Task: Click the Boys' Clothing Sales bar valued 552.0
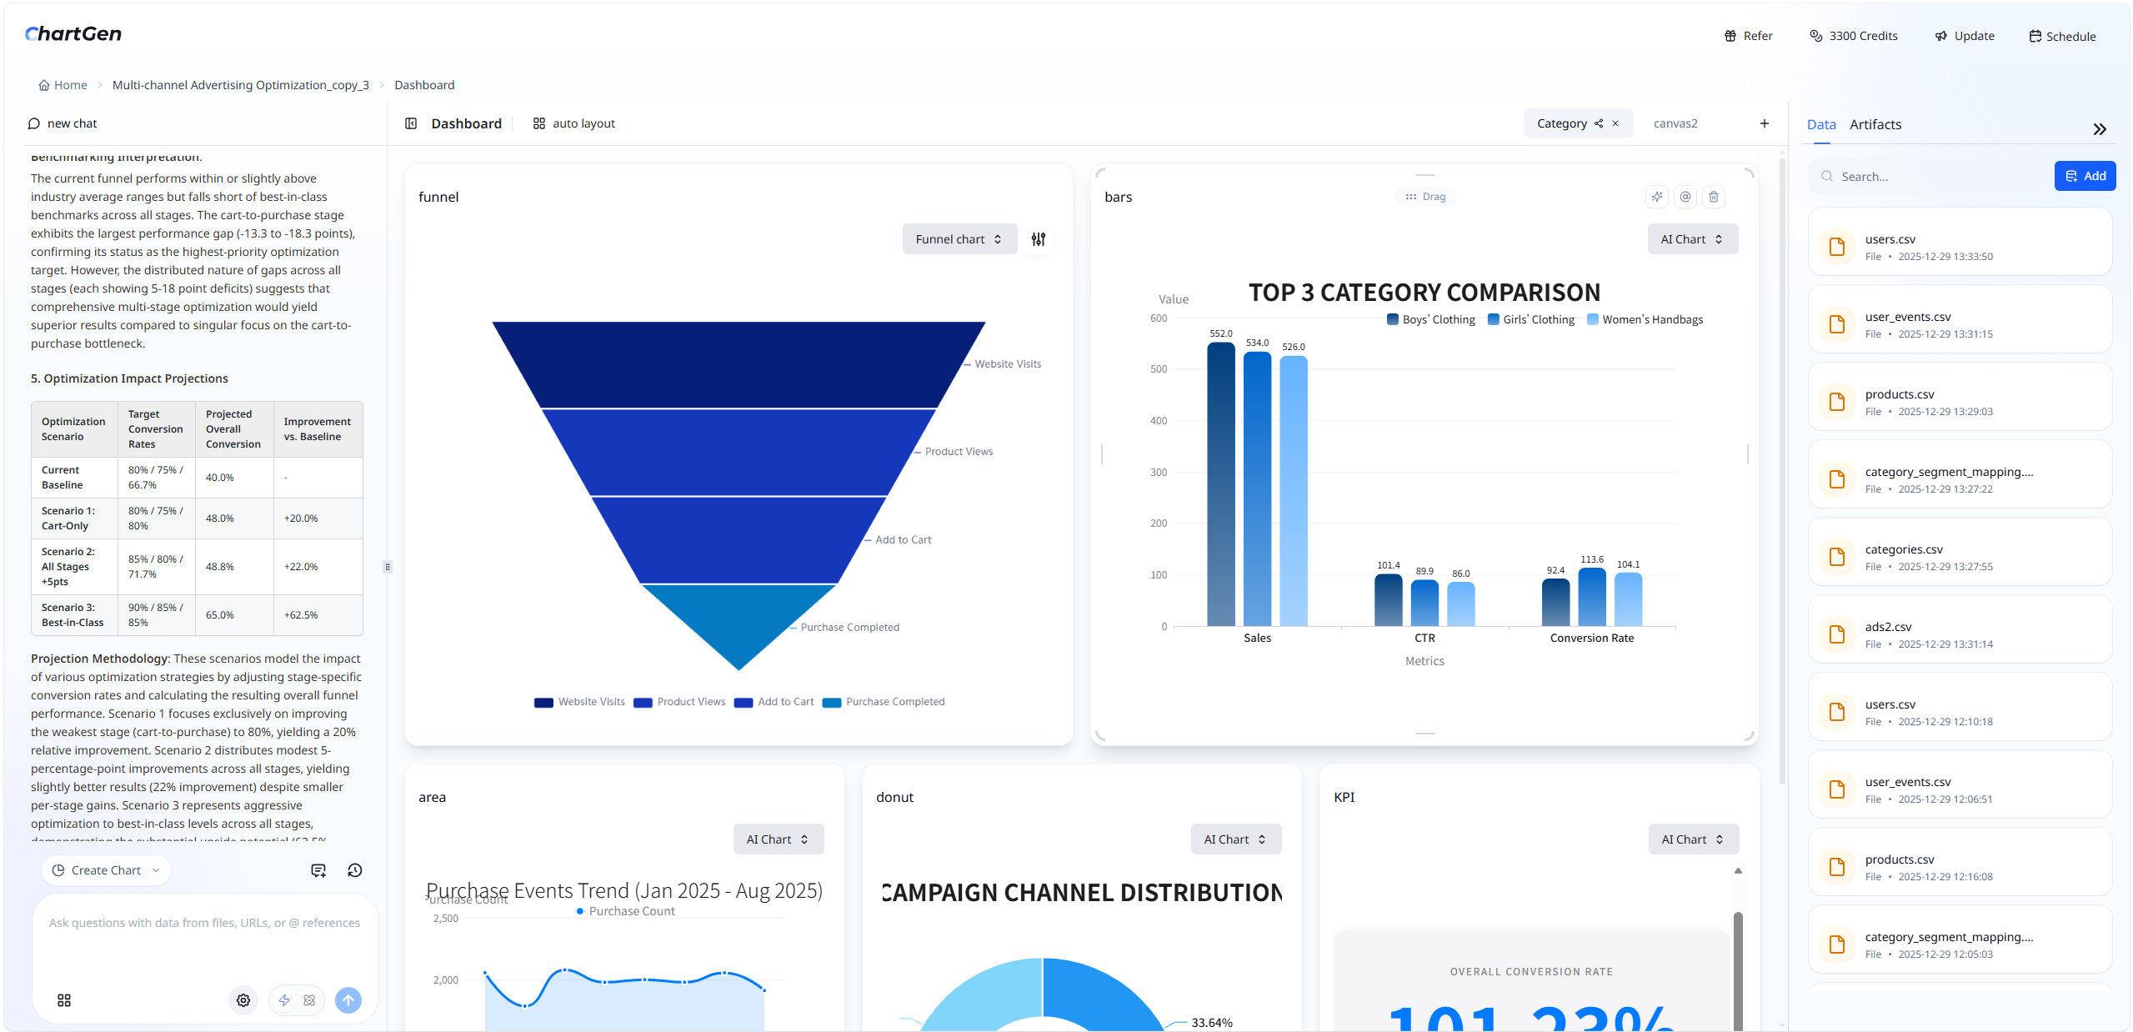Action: [x=1220, y=483]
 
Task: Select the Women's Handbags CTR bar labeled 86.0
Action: [x=1460, y=604]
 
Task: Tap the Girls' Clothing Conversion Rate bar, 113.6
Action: [x=1591, y=597]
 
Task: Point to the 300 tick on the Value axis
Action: [x=1159, y=472]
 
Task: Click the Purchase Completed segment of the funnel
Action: [x=739, y=621]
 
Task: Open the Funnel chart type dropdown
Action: [x=959, y=239]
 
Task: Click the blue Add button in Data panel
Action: [x=2084, y=176]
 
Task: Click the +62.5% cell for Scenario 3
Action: [x=301, y=615]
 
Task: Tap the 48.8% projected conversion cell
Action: [x=220, y=567]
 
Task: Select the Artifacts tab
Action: [x=1875, y=124]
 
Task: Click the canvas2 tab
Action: [x=1675, y=123]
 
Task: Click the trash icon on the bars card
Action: [x=1713, y=197]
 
